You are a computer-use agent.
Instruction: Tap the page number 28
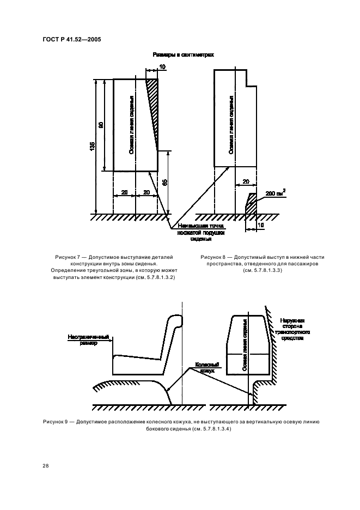click(x=45, y=466)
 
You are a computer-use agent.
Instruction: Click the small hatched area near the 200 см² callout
click(x=252, y=204)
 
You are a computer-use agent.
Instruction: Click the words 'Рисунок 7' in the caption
click(x=68, y=256)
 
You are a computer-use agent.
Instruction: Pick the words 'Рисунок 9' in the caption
click(x=57, y=422)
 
